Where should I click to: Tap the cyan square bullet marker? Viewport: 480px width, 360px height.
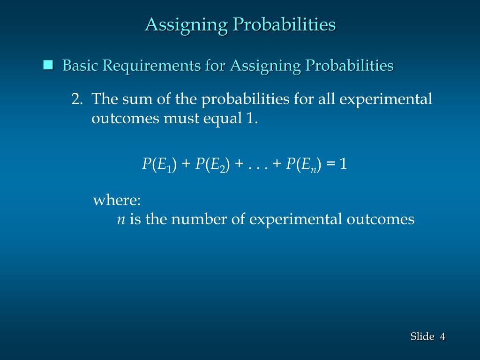click(48, 65)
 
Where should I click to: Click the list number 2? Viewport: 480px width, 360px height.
click(77, 99)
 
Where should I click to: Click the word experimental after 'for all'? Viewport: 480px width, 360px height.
click(386, 99)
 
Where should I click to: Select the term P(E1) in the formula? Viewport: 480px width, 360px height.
click(159, 164)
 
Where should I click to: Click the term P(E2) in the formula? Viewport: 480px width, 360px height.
click(212, 164)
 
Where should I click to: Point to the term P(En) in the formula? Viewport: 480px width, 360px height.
click(304, 164)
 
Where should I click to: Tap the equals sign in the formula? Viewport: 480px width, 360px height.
click(331, 164)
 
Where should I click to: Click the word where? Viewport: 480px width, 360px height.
click(117, 201)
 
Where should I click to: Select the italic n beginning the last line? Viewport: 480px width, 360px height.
click(120, 220)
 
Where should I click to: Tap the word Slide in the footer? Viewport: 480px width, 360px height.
click(422, 336)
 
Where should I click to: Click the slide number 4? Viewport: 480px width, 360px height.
click(442, 336)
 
